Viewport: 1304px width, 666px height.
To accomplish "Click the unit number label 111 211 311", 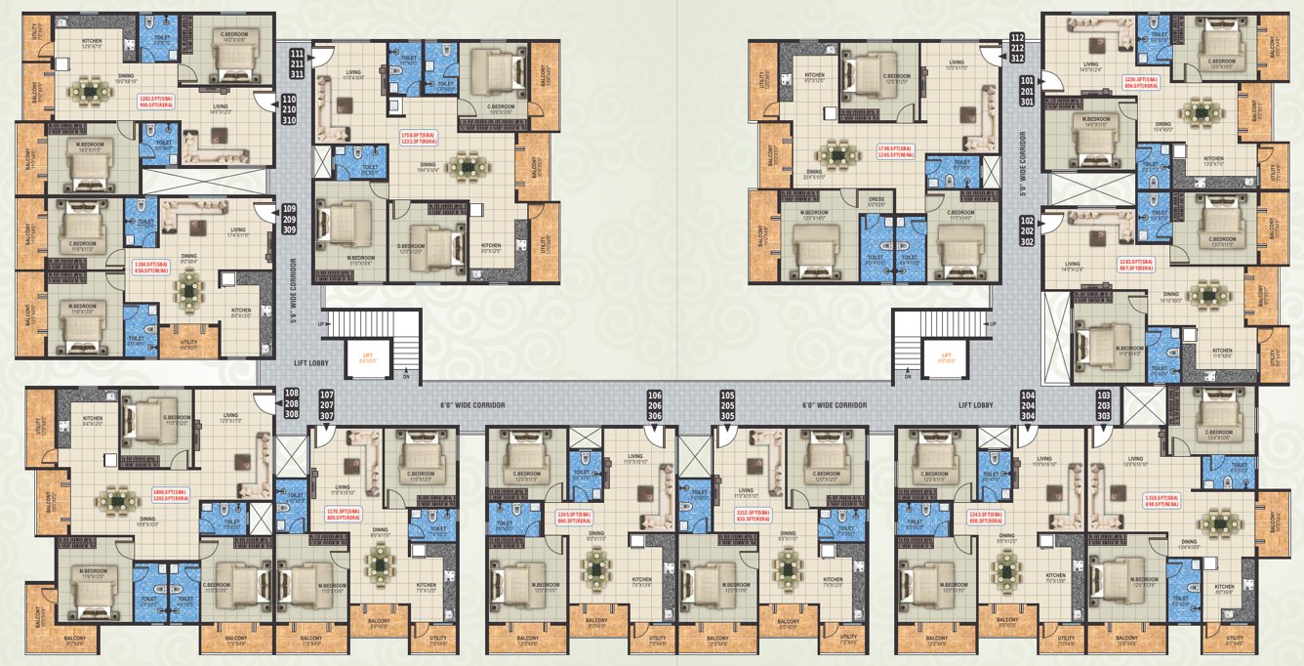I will pyautogui.click(x=297, y=62).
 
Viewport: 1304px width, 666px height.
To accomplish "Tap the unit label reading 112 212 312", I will pyautogui.click(x=1017, y=47).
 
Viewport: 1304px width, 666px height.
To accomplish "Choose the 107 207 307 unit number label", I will pyautogui.click(x=326, y=405).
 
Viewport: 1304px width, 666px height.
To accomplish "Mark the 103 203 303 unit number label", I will pyautogui.click(x=1104, y=405).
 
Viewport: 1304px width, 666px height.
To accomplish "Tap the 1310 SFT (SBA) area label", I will pyautogui.click(x=1162, y=498).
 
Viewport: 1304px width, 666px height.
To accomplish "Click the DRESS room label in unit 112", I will pyautogui.click(x=876, y=199).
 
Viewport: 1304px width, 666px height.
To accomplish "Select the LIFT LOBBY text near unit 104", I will pyautogui.click(x=975, y=404).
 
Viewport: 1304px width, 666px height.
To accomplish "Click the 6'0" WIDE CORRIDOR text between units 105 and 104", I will pyautogui.click(x=835, y=404).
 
